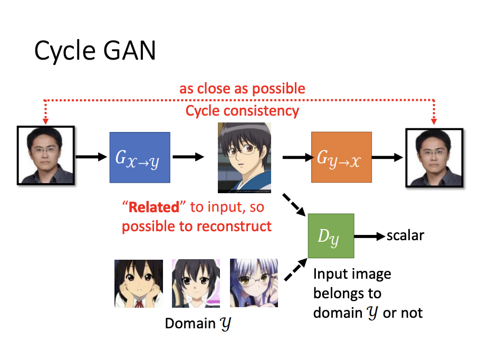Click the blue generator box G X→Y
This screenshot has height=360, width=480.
(x=140, y=157)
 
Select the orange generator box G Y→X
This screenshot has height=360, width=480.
(x=341, y=157)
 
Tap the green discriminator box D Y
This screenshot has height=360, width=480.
(x=330, y=236)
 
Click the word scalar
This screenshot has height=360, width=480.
(x=405, y=235)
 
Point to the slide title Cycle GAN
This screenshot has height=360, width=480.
(x=95, y=51)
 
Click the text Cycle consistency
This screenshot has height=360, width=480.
(x=242, y=111)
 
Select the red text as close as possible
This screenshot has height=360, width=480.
(x=242, y=88)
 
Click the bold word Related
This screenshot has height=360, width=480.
(x=154, y=206)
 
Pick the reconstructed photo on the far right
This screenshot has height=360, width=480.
(x=434, y=158)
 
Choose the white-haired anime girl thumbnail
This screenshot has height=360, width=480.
(x=254, y=283)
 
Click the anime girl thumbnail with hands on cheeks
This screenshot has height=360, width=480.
(x=138, y=283)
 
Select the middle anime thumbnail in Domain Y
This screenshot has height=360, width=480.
(x=196, y=283)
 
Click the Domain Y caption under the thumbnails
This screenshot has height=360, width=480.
(x=198, y=323)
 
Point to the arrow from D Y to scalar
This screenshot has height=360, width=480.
(x=369, y=236)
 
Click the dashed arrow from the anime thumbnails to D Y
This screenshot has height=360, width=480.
(x=296, y=269)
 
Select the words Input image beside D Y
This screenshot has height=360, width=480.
(x=352, y=274)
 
